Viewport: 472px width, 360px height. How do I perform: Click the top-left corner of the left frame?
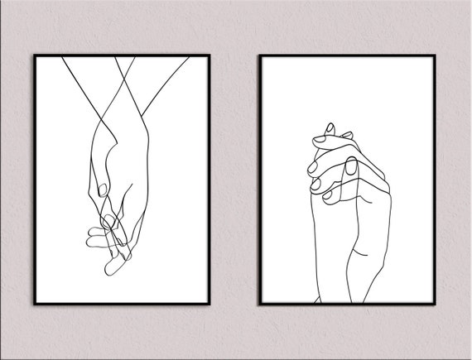(34, 55)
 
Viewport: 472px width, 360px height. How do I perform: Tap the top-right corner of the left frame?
(210, 55)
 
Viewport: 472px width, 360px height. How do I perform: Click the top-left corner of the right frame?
(259, 55)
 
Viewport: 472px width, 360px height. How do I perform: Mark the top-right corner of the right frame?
(436, 55)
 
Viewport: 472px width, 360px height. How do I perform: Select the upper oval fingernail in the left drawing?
(102, 190)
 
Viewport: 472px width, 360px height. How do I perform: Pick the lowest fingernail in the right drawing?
(326, 196)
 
